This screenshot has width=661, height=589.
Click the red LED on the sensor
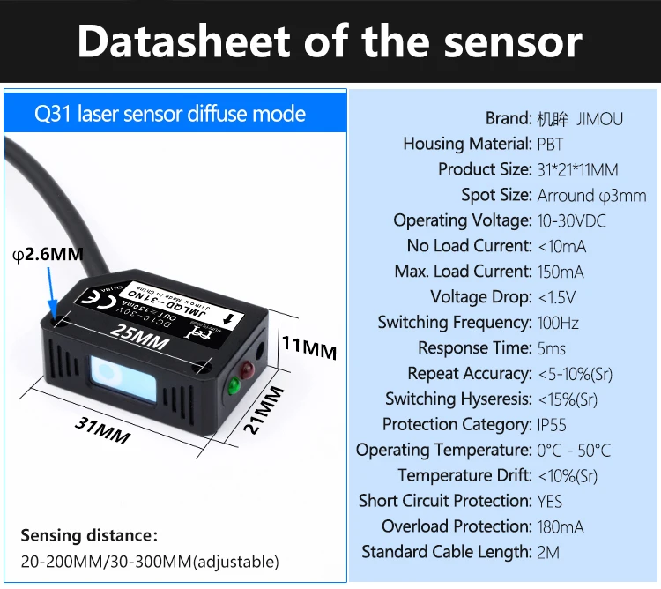(x=248, y=366)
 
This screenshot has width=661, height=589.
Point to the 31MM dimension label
(x=102, y=429)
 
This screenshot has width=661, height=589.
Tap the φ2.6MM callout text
(x=48, y=255)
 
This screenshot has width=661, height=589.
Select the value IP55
(x=557, y=425)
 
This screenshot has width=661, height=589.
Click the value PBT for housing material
(x=550, y=144)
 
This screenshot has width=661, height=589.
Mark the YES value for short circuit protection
(x=550, y=502)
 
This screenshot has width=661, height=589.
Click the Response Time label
(x=474, y=348)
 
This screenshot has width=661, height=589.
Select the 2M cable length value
(x=548, y=553)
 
